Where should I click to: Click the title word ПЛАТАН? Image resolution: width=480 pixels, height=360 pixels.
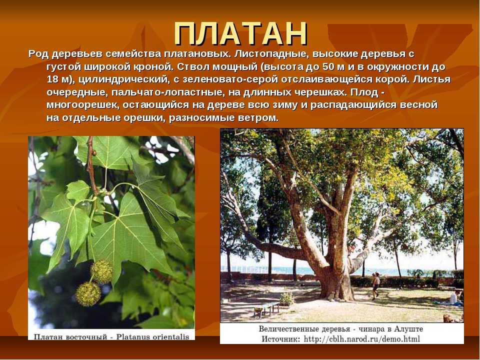[x=240, y=34]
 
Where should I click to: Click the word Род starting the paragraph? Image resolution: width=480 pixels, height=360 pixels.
[x=38, y=54]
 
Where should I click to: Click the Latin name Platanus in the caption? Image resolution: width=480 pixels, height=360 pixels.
[x=133, y=336]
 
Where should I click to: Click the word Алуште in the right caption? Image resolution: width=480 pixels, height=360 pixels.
[x=408, y=329]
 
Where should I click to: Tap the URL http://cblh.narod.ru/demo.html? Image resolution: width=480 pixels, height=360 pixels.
[x=361, y=339]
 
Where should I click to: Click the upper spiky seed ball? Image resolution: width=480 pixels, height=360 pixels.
[x=102, y=271]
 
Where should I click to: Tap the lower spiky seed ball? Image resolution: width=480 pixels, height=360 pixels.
[x=88, y=294]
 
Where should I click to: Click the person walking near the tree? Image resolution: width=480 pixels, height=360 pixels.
[x=375, y=285]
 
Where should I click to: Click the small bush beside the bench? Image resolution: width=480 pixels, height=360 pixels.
[x=286, y=299]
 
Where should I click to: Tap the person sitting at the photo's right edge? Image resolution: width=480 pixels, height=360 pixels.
[x=454, y=298]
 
